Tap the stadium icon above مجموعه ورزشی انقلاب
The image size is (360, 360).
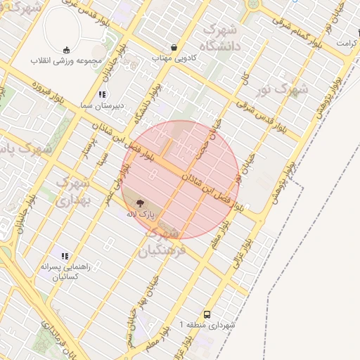tap(66, 49)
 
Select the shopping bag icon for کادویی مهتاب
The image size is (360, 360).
tap(174, 48)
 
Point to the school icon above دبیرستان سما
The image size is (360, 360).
tap(102, 94)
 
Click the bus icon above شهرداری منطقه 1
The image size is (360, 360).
tap(207, 314)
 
